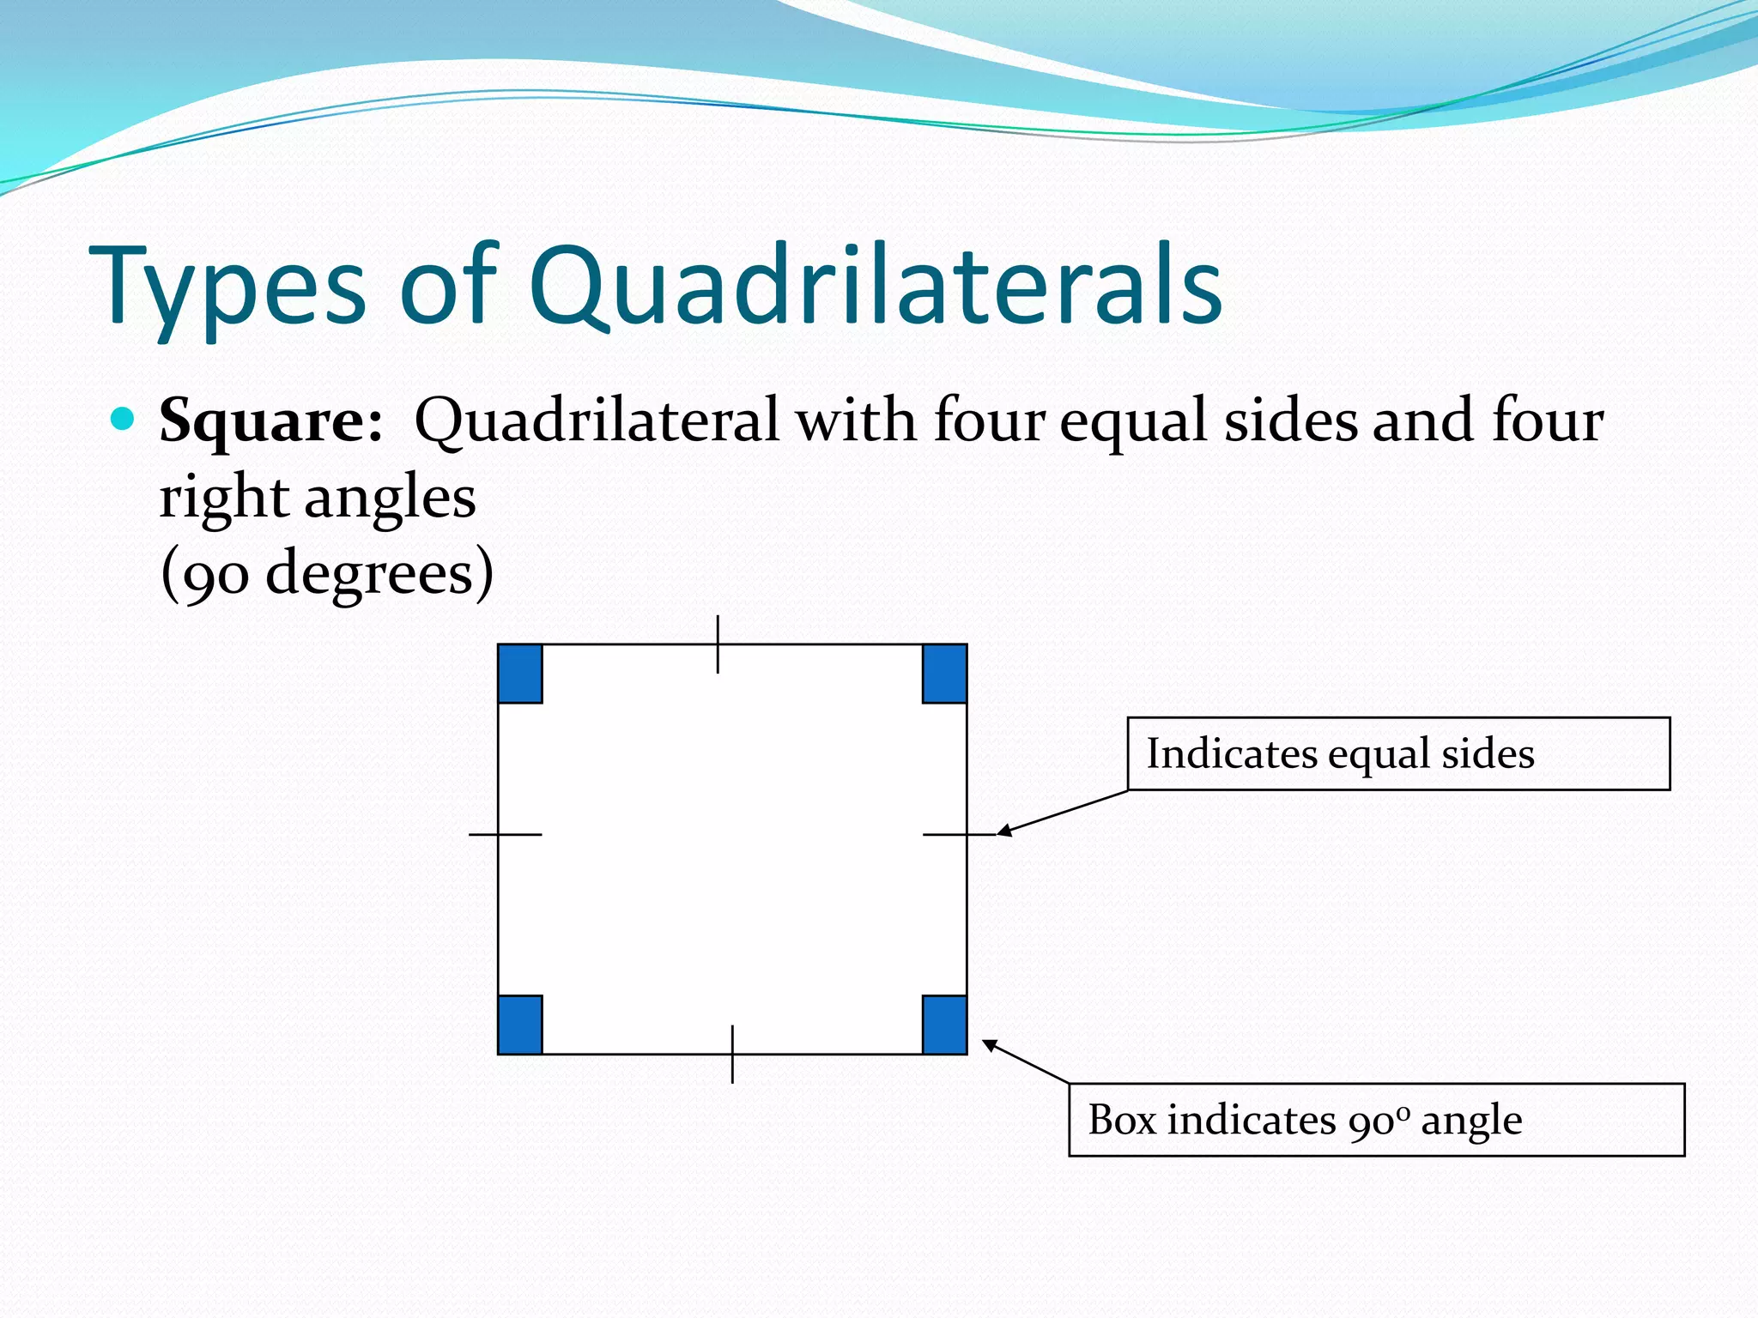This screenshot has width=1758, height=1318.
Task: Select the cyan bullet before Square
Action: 124,419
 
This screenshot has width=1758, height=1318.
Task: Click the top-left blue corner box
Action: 520,674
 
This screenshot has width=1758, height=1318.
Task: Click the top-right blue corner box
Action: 944,674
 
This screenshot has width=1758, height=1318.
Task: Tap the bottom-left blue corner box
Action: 520,1025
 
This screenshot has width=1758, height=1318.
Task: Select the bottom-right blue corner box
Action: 944,1025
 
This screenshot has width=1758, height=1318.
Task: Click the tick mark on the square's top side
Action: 718,644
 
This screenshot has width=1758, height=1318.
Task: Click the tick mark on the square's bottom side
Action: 732,1054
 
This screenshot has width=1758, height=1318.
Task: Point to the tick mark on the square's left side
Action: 505,834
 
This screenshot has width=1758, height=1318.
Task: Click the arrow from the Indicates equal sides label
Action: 1062,813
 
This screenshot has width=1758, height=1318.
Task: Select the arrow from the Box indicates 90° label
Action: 1026,1062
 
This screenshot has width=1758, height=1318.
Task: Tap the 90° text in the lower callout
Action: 1379,1122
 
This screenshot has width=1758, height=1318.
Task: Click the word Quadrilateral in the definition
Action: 597,420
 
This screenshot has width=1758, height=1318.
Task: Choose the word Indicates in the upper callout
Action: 1232,754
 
